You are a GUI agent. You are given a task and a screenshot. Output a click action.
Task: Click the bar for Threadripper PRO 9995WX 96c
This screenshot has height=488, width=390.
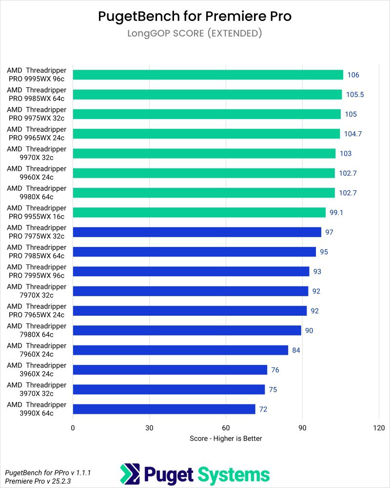(208, 75)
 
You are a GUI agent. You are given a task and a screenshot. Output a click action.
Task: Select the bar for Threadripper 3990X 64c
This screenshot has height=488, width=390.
(164, 409)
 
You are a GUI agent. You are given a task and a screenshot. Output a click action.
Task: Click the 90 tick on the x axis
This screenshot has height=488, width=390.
(302, 428)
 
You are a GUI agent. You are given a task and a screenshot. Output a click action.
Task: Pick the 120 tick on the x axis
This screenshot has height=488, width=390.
(379, 428)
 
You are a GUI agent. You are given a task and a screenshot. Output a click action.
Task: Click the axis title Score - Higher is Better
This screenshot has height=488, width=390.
(226, 438)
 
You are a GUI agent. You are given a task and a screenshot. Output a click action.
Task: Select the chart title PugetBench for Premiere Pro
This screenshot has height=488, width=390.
(195, 16)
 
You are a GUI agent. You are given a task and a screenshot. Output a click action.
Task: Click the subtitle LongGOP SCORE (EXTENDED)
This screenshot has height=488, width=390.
(195, 34)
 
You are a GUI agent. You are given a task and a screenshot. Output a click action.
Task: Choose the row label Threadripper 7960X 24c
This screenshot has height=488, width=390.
(37, 350)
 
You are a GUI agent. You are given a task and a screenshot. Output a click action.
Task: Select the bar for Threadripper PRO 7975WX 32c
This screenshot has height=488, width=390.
(197, 232)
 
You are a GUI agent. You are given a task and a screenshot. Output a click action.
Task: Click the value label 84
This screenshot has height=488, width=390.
(296, 350)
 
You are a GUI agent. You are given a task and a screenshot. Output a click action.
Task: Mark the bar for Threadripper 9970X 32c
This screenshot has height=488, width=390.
(204, 153)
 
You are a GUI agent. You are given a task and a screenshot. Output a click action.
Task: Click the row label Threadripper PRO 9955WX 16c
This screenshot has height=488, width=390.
(37, 212)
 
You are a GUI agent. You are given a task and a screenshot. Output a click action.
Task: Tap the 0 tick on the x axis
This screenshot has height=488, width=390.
(73, 428)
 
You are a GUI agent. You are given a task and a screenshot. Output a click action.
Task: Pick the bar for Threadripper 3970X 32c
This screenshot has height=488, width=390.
(169, 389)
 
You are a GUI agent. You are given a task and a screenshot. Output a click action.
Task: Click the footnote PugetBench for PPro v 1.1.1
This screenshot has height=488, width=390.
(48, 472)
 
